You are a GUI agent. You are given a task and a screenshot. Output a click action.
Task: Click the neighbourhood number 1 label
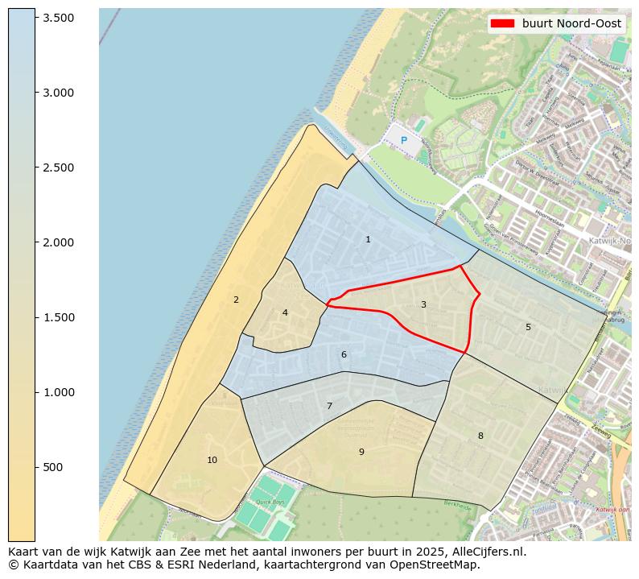click(x=368, y=239)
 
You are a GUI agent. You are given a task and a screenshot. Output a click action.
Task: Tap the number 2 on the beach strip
click(x=236, y=300)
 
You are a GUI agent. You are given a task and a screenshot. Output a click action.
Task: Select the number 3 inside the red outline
click(x=423, y=304)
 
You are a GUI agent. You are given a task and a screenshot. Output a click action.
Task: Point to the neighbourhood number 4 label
click(x=285, y=312)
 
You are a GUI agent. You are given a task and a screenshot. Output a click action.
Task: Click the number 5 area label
click(x=528, y=327)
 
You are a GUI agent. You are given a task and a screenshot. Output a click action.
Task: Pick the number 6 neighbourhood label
click(x=344, y=354)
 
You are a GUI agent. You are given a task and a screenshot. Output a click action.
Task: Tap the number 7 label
click(x=329, y=406)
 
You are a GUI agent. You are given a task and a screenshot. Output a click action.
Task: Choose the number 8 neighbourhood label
click(x=480, y=436)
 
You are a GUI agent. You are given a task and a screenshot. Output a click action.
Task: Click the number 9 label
click(x=361, y=452)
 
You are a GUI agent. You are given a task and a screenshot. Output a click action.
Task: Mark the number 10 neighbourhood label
click(x=212, y=460)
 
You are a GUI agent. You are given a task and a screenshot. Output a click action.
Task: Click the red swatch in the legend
click(x=502, y=24)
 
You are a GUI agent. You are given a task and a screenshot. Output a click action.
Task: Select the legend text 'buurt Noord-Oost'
click(x=571, y=24)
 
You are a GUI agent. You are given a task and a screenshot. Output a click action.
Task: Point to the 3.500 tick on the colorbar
click(x=59, y=18)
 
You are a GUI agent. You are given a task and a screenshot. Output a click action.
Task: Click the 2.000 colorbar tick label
click(x=59, y=242)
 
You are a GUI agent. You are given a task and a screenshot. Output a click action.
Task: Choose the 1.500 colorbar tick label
click(x=59, y=317)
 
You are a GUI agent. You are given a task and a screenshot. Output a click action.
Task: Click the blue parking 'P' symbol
click(x=404, y=141)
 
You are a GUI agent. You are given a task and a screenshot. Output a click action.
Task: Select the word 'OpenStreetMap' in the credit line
click(x=439, y=565)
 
